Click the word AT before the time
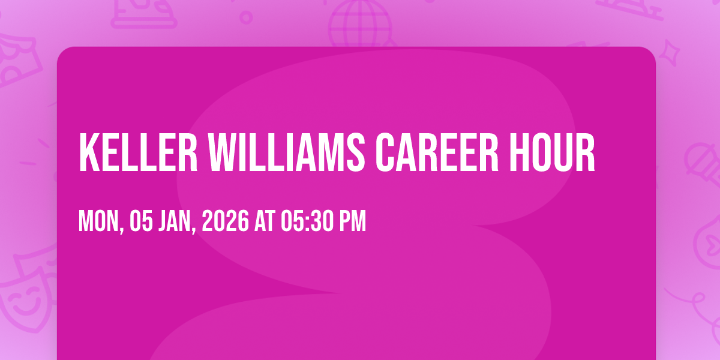pos(265,221)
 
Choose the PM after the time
pos(353,221)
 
